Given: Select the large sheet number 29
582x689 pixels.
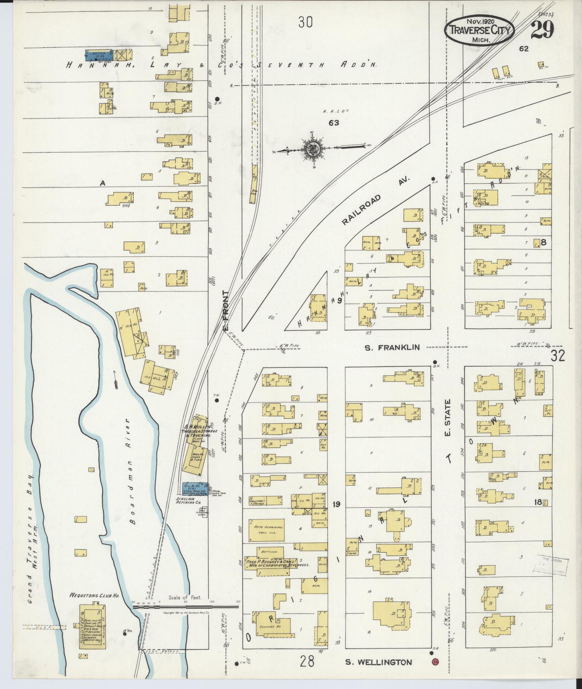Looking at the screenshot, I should pyautogui.click(x=542, y=30).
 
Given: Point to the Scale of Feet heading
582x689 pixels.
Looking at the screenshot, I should pyautogui.click(x=185, y=597).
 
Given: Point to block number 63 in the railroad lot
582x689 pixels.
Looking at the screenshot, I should pyautogui.click(x=334, y=123).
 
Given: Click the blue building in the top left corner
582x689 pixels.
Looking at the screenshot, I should pyautogui.click(x=100, y=54).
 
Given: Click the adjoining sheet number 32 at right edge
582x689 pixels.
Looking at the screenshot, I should pyautogui.click(x=558, y=356).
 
